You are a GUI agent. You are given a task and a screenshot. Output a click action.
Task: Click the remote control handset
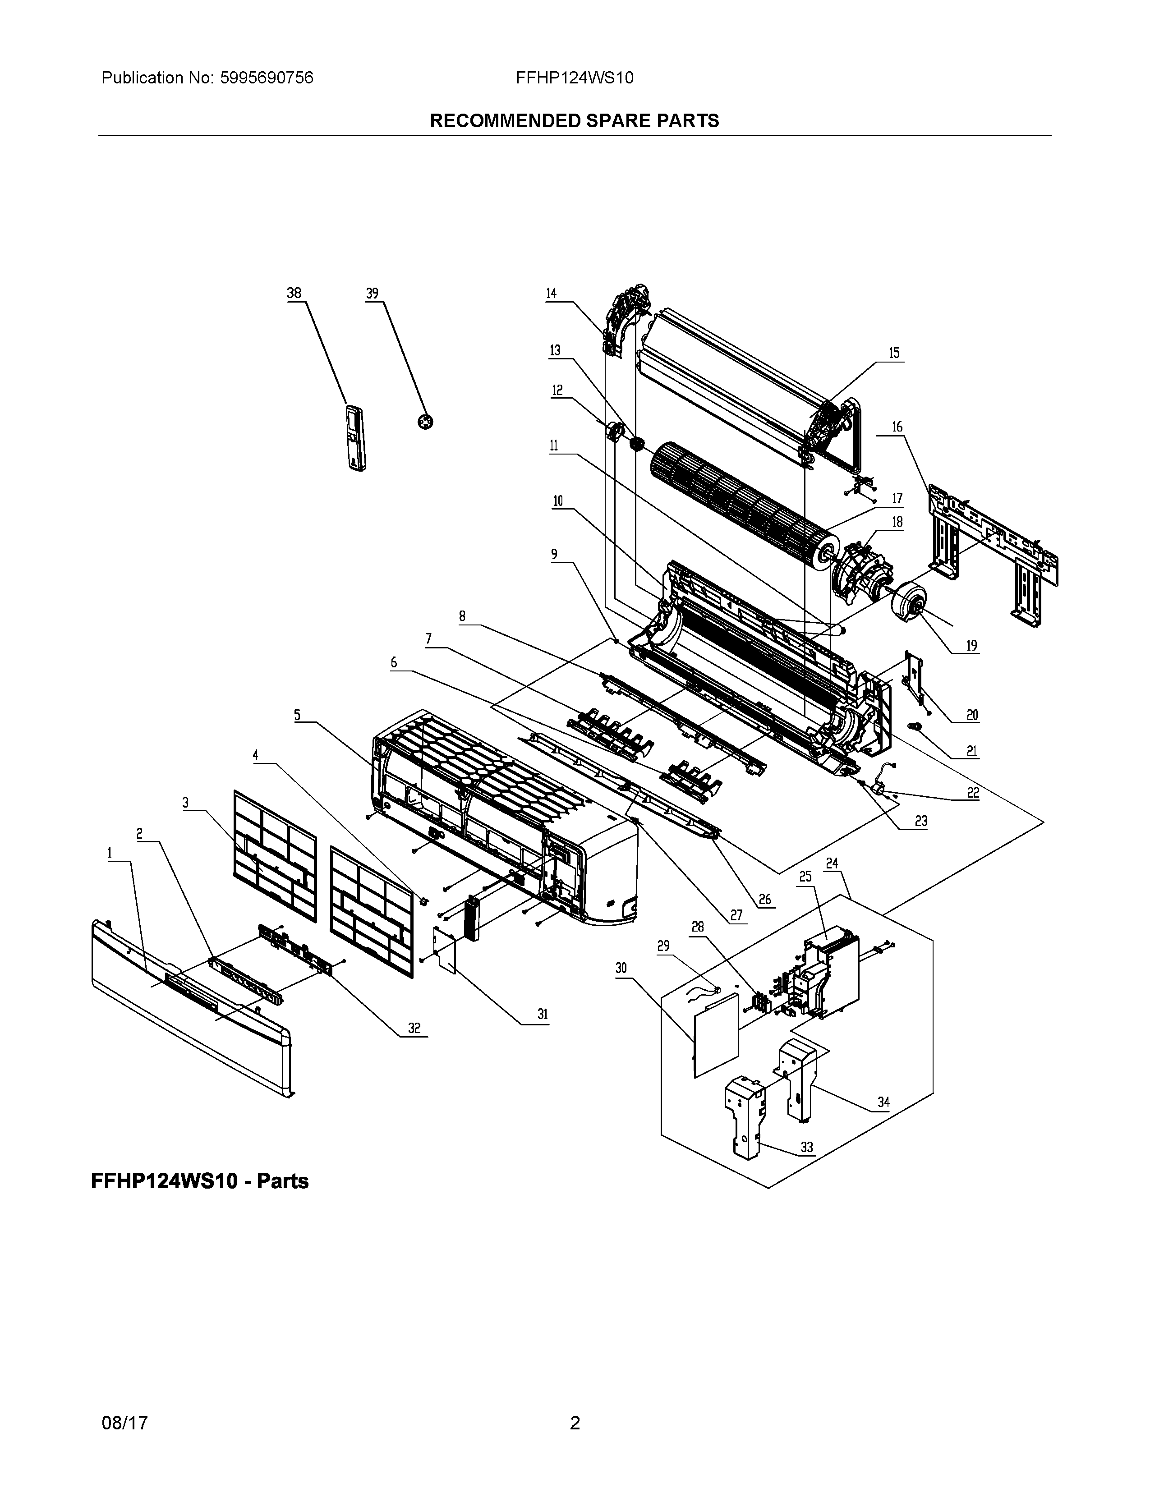(x=356, y=437)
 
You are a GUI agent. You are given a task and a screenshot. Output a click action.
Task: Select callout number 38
(x=294, y=294)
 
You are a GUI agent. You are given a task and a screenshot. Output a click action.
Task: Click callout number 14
(x=551, y=294)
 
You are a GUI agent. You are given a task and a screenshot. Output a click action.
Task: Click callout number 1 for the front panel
(x=109, y=853)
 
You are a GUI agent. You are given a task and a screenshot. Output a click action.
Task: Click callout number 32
(x=414, y=1028)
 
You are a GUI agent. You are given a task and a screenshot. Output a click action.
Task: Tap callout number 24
(x=832, y=863)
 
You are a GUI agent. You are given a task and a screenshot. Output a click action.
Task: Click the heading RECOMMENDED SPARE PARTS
(x=574, y=120)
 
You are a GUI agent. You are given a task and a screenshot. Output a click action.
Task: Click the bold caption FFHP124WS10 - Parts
(x=200, y=1181)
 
